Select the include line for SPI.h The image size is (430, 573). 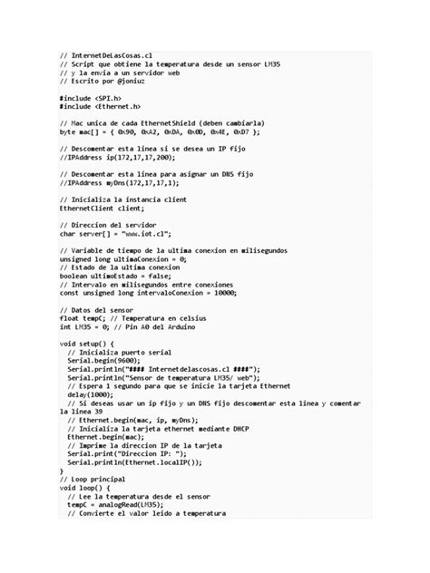coord(91,97)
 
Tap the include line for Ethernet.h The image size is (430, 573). coord(100,106)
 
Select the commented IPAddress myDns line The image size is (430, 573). coord(119,182)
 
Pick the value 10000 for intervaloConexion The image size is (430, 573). coord(220,292)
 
